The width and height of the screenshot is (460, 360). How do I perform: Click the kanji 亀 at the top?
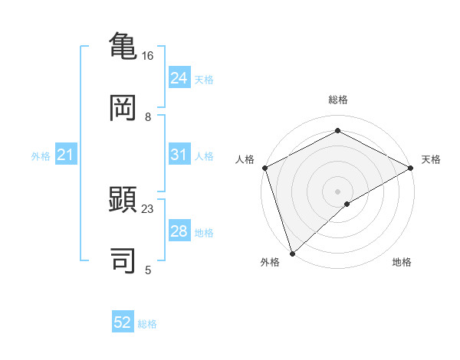coord(123,45)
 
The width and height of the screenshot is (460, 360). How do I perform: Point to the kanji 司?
coord(123,260)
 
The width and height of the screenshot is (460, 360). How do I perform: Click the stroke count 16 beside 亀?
coord(147,56)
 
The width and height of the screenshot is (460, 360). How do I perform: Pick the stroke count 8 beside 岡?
coord(148,117)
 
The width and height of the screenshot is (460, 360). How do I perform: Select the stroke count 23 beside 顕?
coord(148,208)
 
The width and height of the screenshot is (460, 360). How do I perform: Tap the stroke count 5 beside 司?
coord(148,270)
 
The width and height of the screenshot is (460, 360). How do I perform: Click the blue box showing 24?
coord(179,78)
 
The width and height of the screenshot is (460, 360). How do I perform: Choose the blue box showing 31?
coord(179,155)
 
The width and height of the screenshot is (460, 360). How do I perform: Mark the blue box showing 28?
coord(179,231)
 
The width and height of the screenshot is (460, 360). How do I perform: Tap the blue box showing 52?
coord(123,322)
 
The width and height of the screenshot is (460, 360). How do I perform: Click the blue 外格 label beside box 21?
coord(41,156)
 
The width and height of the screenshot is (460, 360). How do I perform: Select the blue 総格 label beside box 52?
coord(147,324)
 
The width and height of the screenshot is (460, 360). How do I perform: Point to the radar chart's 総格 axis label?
coord(337,100)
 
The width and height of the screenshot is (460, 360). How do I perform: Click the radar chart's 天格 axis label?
coord(431,159)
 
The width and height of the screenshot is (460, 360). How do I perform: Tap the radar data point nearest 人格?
coord(264,168)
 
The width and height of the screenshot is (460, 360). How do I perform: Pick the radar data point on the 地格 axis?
coord(347,204)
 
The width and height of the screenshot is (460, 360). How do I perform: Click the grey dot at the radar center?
coord(337,191)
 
